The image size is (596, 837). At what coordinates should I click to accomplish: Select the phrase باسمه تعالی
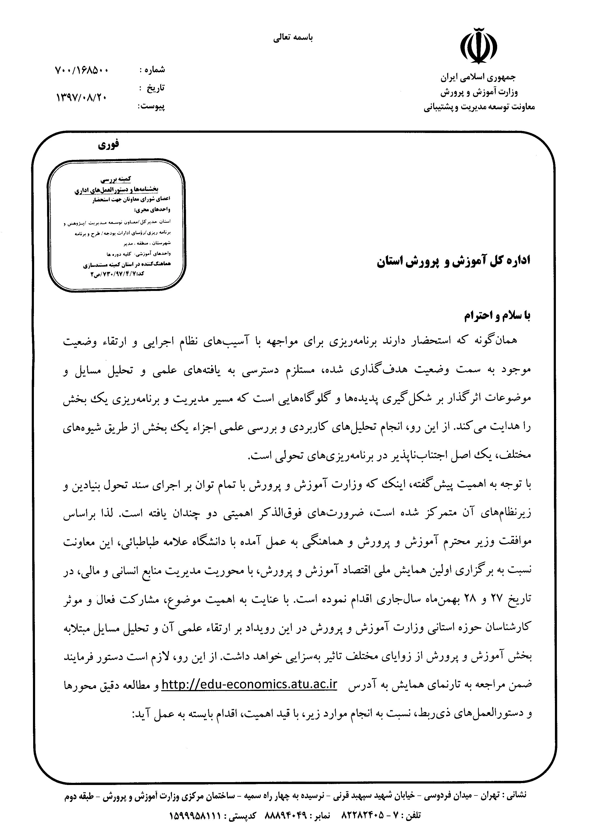click(x=293, y=37)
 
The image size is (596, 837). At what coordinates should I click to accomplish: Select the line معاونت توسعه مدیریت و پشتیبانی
click(x=479, y=107)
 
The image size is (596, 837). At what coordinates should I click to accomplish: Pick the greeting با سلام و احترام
click(x=497, y=316)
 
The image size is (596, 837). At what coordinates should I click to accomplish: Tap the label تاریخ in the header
click(x=156, y=88)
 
